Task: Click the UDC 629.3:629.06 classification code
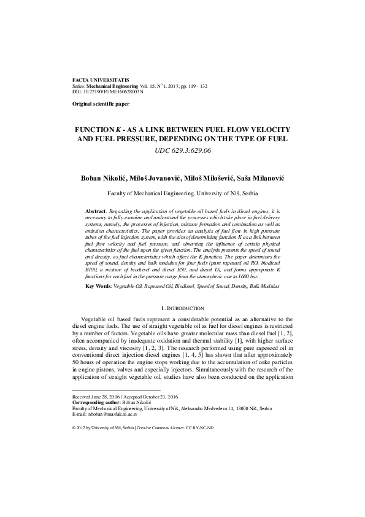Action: pos(182,149)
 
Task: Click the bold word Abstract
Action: pos(95,211)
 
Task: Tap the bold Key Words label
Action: pos(98,286)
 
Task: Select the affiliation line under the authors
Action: pos(182,193)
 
